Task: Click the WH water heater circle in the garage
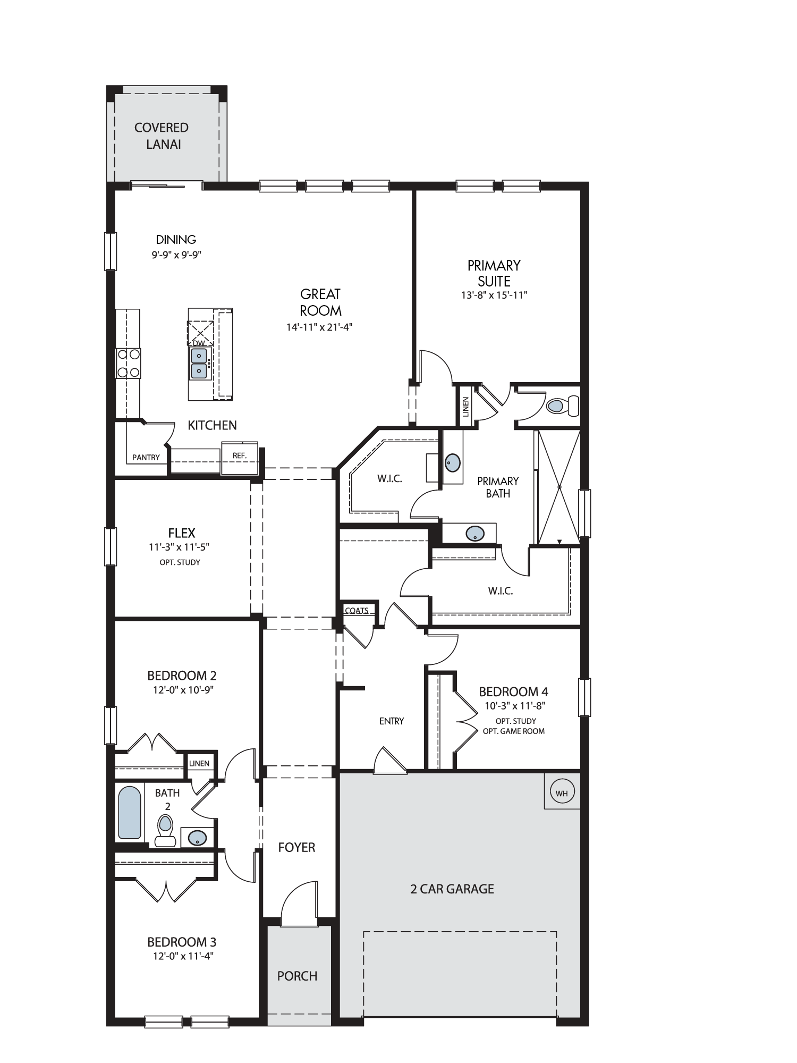(x=562, y=794)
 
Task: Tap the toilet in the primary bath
(x=562, y=406)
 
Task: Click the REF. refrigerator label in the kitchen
(x=240, y=455)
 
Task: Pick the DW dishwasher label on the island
(x=198, y=343)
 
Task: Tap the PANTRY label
(x=146, y=457)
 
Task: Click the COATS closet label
(x=357, y=610)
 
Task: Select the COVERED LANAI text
(x=162, y=136)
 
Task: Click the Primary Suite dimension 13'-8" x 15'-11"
(x=494, y=295)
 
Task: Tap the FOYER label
(x=296, y=847)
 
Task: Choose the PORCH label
(x=297, y=976)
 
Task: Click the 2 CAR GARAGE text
(x=452, y=889)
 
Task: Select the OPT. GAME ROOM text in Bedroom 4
(x=514, y=731)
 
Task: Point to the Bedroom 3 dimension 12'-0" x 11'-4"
(x=182, y=956)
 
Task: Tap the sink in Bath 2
(x=198, y=838)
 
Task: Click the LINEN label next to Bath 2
(x=199, y=763)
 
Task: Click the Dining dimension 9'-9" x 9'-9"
(x=176, y=255)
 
